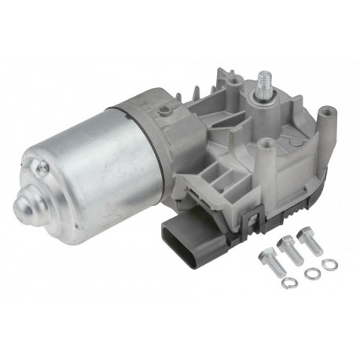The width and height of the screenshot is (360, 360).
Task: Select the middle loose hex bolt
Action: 289,250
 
